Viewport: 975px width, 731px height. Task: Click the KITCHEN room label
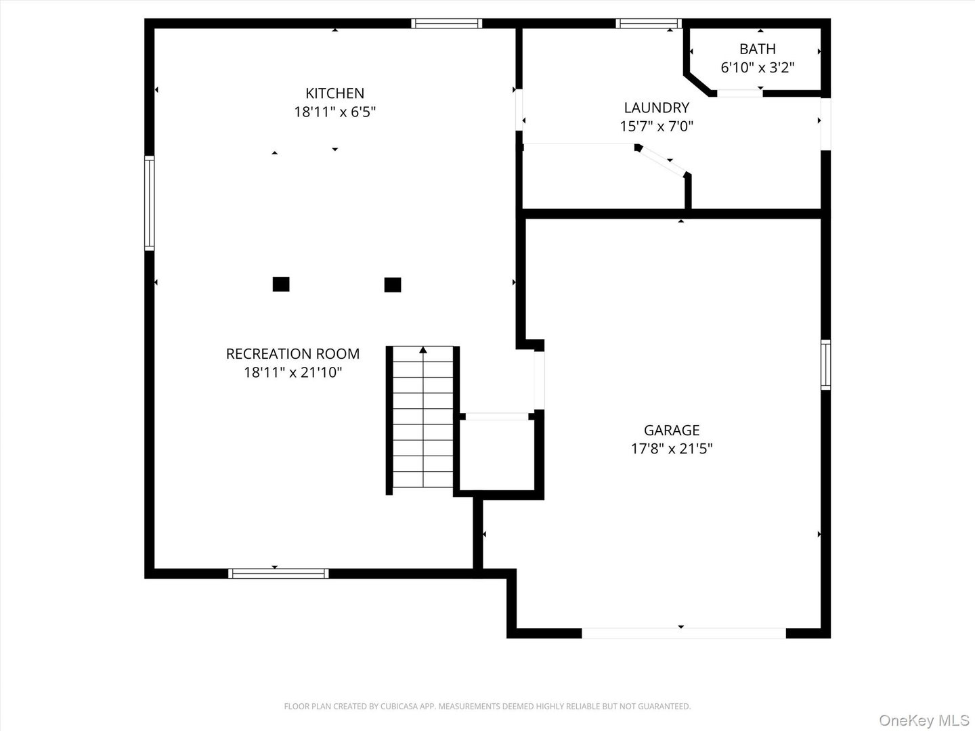tap(334, 93)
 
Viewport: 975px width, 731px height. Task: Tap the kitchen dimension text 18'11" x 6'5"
tap(334, 112)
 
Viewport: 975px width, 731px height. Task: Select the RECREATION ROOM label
tap(292, 353)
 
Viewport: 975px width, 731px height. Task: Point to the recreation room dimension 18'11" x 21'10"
tap(292, 372)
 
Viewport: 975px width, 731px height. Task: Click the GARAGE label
tap(671, 430)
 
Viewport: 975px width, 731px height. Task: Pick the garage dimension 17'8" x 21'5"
tap(671, 448)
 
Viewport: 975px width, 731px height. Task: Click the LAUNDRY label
tap(656, 108)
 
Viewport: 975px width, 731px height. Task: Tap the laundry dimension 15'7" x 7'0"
tap(656, 126)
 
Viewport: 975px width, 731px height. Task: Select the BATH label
tap(757, 49)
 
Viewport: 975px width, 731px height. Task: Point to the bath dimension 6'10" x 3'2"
tap(757, 67)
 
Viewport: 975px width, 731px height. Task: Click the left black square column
tap(281, 284)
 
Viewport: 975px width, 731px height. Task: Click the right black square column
tap(392, 285)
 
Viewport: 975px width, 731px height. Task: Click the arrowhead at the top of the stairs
tap(423, 350)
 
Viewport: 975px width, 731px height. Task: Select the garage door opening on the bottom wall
tap(683, 634)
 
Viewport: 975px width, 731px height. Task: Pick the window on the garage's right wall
tap(825, 365)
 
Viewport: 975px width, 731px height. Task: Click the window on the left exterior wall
tap(150, 203)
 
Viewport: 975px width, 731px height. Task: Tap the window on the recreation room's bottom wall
tap(278, 573)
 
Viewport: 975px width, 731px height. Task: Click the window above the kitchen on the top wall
tap(447, 24)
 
